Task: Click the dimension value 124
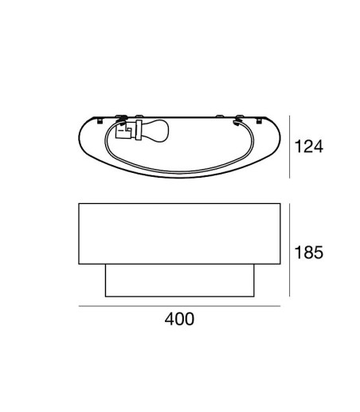tap(309, 147)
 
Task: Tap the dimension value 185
tap(309, 252)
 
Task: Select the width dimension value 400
tap(179, 319)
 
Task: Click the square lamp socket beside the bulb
tap(123, 131)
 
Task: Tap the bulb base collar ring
tap(139, 130)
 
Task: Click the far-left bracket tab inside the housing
tap(100, 121)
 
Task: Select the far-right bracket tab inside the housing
tap(259, 121)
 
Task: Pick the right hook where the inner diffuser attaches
tap(237, 121)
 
